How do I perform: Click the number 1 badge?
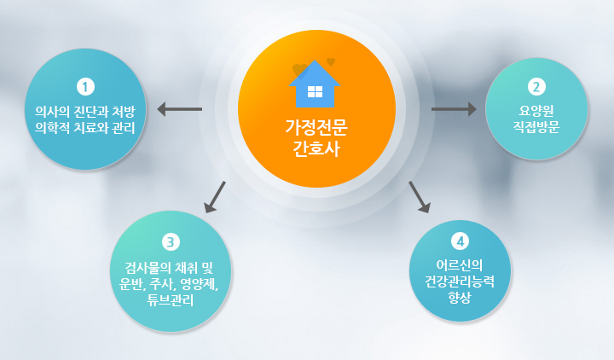click(86, 86)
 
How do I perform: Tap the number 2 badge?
click(536, 86)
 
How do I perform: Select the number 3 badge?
click(171, 241)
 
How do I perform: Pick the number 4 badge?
click(460, 241)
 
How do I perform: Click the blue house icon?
click(315, 84)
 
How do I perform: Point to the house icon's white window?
click(315, 91)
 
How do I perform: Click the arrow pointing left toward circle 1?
click(179, 109)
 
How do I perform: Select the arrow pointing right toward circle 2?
click(454, 109)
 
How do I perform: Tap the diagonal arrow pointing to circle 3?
click(215, 197)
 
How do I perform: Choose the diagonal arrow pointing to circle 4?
click(420, 197)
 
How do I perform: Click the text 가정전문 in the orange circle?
click(316, 127)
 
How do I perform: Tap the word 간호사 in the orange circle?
click(316, 148)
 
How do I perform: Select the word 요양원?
click(536, 111)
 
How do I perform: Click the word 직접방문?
click(536, 127)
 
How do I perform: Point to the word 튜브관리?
click(171, 300)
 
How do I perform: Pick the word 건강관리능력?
click(460, 282)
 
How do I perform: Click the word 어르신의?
click(460, 265)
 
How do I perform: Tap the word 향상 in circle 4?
click(460, 298)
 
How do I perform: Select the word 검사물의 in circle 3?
click(148, 268)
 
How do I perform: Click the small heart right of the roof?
click(331, 61)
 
